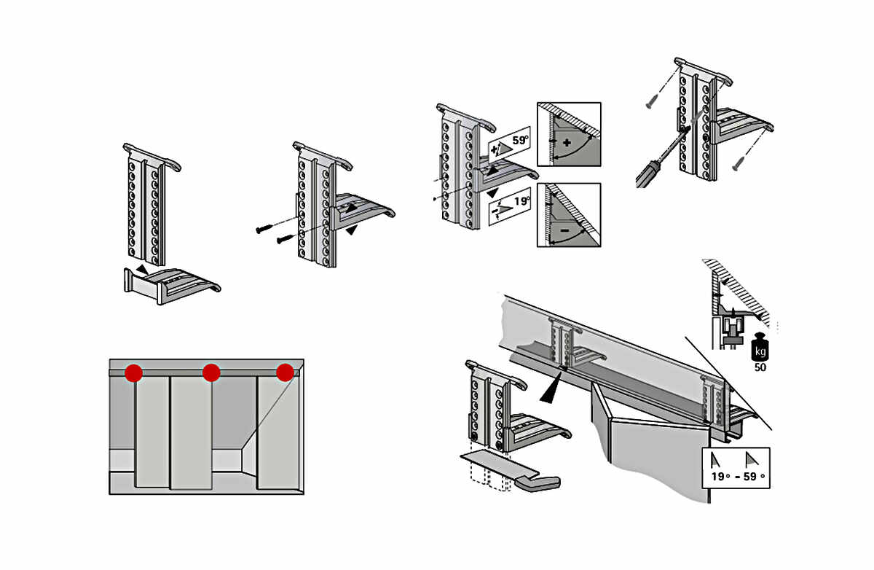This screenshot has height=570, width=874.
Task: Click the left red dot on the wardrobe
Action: (133, 373)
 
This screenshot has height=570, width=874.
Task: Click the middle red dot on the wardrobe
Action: (211, 373)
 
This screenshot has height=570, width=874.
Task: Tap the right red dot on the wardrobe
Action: (285, 372)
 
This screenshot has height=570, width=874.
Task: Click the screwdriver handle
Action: (650, 172)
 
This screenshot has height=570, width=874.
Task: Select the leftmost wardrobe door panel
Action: (152, 430)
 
